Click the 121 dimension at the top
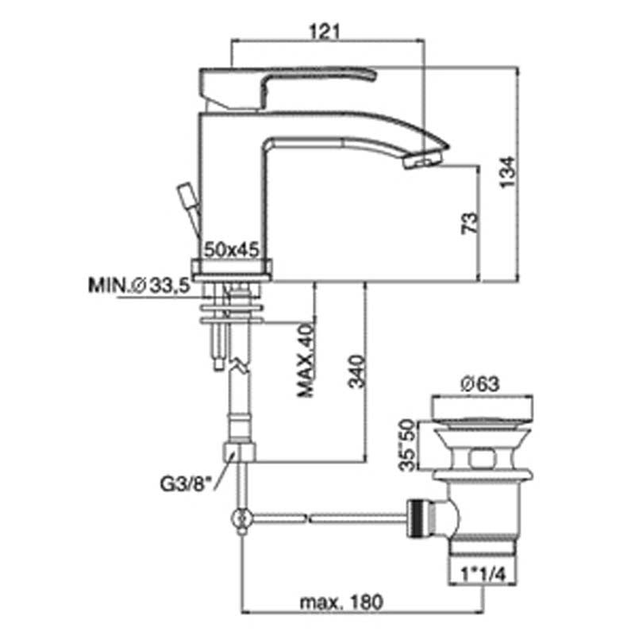point(328,30)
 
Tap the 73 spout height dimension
point(470,224)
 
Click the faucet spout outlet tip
point(421,162)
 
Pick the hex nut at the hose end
point(241,452)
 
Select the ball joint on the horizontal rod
point(241,521)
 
